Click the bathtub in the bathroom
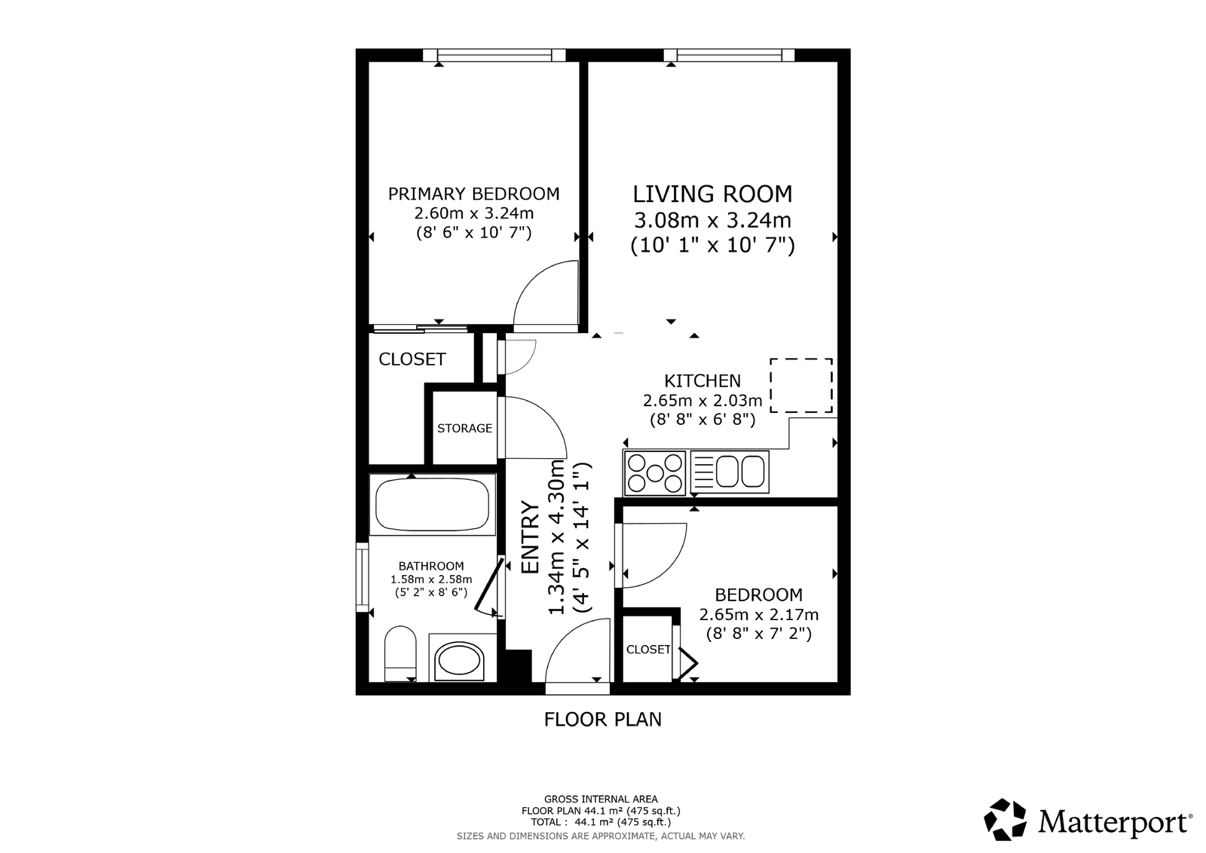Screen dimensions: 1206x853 (x=433, y=504)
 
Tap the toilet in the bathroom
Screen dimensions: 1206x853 (x=400, y=653)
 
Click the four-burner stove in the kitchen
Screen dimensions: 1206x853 (x=655, y=473)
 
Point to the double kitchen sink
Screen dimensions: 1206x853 (x=730, y=472)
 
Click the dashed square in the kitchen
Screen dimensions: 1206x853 (x=801, y=385)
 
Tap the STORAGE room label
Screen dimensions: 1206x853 (x=464, y=428)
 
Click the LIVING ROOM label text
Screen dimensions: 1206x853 (x=712, y=194)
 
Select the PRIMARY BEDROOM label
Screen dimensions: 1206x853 (x=474, y=194)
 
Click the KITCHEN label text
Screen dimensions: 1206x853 (x=702, y=381)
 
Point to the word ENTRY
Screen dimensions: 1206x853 (x=531, y=537)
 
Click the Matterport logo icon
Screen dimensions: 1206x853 (x=1006, y=820)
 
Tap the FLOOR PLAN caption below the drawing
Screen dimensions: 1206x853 (x=603, y=720)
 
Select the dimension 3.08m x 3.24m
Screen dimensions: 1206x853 (x=712, y=220)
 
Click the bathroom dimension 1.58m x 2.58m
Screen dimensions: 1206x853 (x=431, y=579)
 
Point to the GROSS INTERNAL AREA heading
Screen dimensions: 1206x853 (x=601, y=799)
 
